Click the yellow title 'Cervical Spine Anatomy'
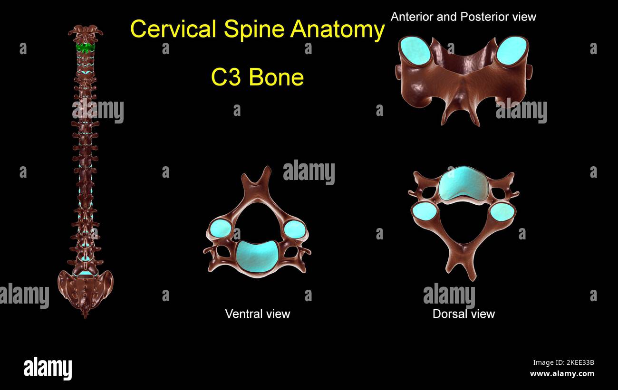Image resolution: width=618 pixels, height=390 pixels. (x=257, y=29)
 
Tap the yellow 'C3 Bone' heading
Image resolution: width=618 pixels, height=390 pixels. (x=257, y=77)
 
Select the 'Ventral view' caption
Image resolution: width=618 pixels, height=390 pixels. (x=257, y=314)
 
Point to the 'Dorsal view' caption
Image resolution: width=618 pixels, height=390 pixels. (x=463, y=314)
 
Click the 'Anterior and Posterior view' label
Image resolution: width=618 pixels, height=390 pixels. (x=463, y=17)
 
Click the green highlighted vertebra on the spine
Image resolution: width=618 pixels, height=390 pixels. (x=86, y=48)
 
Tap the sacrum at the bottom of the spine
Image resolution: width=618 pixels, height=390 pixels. (x=86, y=290)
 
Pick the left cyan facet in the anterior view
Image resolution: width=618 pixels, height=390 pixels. (x=415, y=50)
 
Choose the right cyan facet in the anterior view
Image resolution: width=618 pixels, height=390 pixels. (x=512, y=50)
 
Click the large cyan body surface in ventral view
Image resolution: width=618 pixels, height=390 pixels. (x=257, y=256)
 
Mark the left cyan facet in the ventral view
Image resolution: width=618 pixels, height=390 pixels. (x=220, y=228)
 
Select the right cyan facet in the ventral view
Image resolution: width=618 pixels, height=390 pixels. (x=294, y=229)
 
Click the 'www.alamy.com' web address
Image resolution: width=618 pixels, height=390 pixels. (x=562, y=374)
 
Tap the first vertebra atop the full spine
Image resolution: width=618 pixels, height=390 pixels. (x=86, y=33)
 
